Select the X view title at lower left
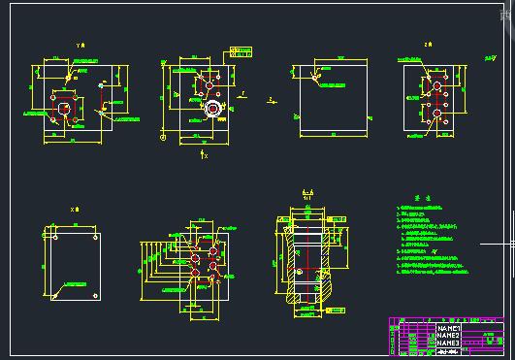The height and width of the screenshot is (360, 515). tap(73, 209)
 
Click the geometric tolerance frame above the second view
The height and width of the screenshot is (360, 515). tap(239, 50)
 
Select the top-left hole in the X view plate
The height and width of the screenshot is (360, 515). tap(49, 234)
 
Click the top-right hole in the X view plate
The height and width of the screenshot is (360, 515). tap(94, 234)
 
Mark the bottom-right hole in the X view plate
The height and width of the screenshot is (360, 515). tap(94, 293)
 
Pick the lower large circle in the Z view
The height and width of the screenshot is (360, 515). tap(438, 114)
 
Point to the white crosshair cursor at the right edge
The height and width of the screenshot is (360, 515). tap(511, 241)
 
